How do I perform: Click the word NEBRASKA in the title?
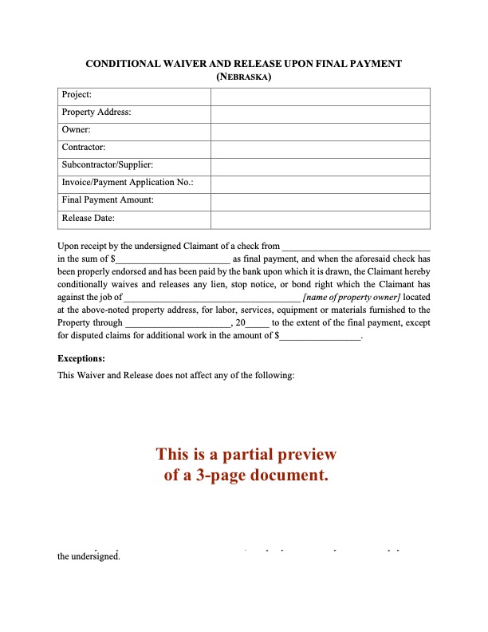coord(245,77)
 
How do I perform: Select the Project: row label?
coord(77,95)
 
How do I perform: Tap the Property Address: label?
coord(96,113)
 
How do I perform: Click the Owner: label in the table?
coord(76,130)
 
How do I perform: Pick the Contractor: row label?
coord(83,148)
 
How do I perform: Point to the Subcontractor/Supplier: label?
coord(107,165)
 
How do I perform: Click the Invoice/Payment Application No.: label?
coord(127,183)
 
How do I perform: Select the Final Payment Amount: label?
coord(108,200)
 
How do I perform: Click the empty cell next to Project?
coord(320,95)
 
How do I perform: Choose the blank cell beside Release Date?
coord(320,218)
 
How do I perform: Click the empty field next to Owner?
coord(320,130)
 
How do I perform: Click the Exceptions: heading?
coord(82,358)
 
